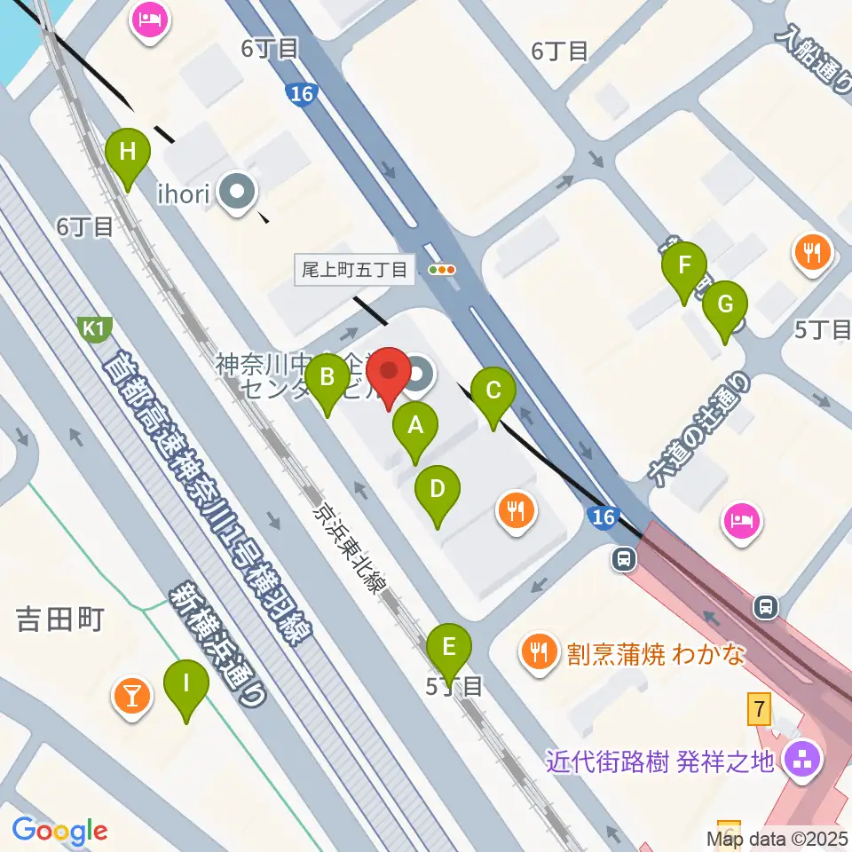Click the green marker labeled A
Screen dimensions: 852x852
(414, 429)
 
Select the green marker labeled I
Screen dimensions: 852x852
(186, 686)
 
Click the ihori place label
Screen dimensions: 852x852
(182, 193)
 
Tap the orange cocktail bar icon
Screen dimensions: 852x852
(131, 695)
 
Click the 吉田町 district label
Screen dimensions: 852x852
(60, 619)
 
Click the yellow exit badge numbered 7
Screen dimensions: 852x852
(758, 709)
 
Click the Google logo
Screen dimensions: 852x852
(60, 830)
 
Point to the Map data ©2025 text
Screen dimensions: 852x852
(777, 838)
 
